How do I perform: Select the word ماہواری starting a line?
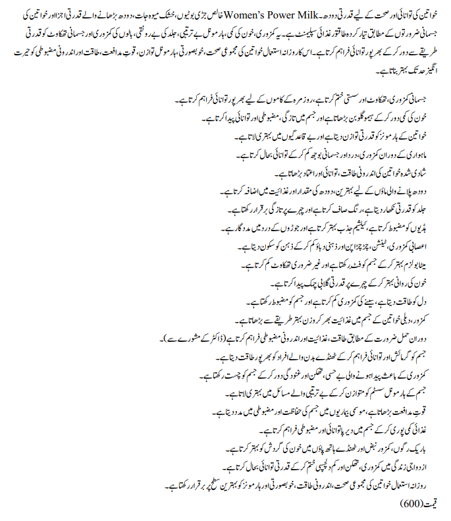tap(425, 157)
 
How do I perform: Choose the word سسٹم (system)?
tap(388, 393)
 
